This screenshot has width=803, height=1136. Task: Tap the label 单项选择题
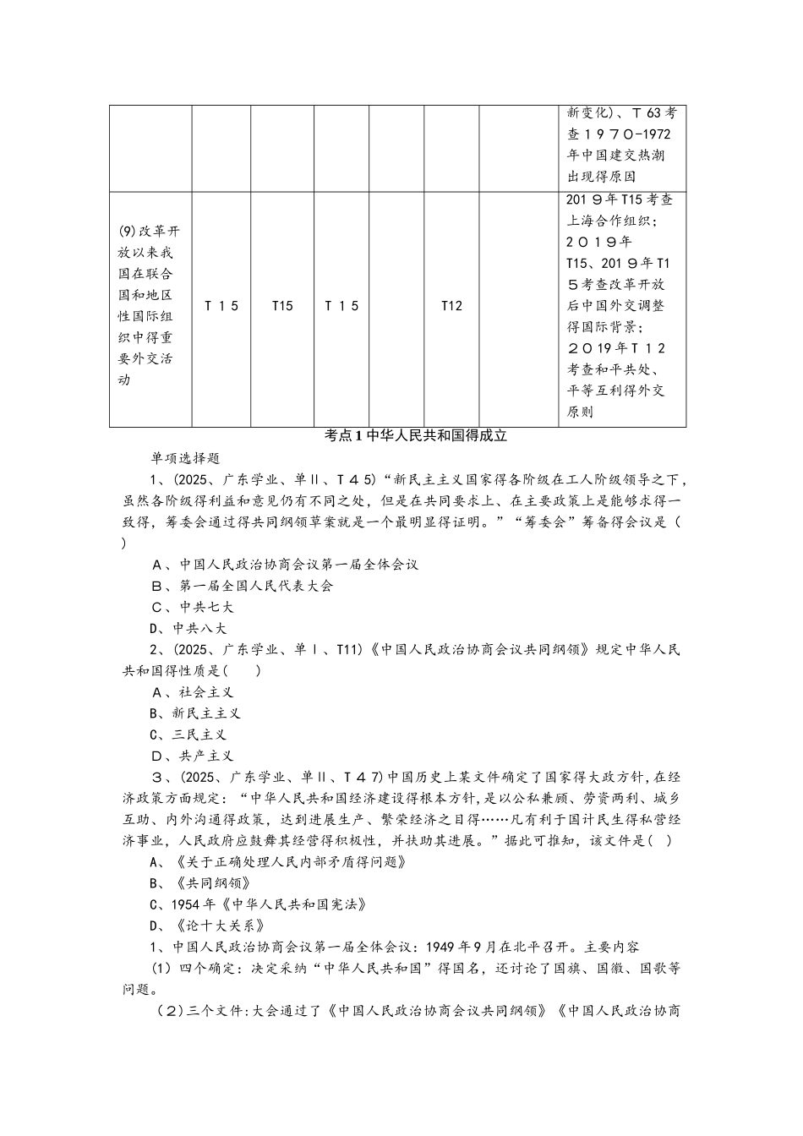tap(185, 457)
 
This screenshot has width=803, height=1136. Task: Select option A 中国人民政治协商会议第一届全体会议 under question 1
tap(284, 564)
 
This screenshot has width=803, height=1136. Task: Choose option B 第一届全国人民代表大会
tap(242, 585)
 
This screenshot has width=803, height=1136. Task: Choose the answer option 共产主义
tap(192, 756)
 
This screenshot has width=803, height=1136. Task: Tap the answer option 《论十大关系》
tap(210, 926)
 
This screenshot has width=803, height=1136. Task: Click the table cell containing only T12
tap(451, 306)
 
